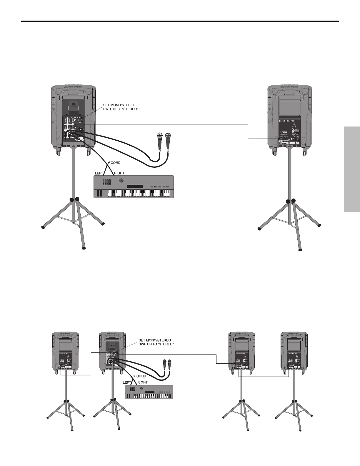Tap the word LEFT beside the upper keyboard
pyautogui.click(x=99, y=173)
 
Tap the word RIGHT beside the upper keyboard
pyautogui.click(x=119, y=173)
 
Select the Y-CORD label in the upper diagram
pyautogui.click(x=114, y=163)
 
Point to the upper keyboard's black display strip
pyautogui.click(x=135, y=187)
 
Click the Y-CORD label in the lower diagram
pyautogui.click(x=139, y=376)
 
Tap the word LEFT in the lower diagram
pyautogui.click(x=127, y=382)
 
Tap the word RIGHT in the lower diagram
pyautogui.click(x=143, y=382)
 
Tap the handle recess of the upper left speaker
pyautogui.click(x=74, y=97)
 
